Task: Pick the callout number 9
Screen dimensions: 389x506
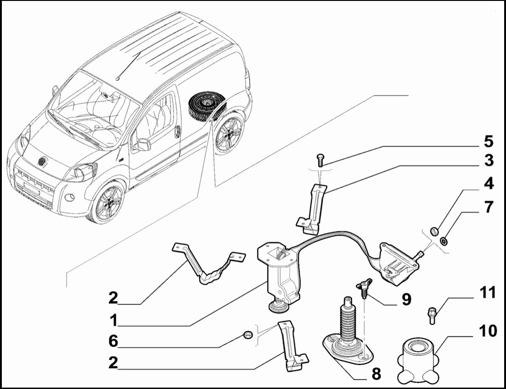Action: coord(406,300)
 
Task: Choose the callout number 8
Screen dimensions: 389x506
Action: coord(376,374)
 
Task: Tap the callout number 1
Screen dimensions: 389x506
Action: coord(113,320)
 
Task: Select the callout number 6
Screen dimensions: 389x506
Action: coord(113,341)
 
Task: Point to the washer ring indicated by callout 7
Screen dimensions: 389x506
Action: coord(443,241)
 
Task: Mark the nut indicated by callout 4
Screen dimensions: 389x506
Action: coord(433,230)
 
